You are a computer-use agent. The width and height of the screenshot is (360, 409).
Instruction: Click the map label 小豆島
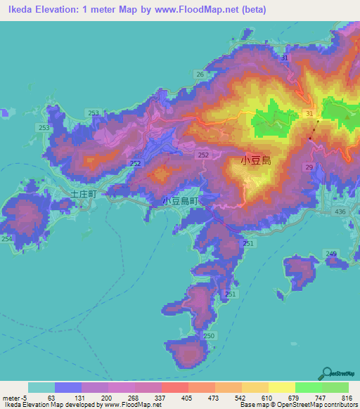point(256,161)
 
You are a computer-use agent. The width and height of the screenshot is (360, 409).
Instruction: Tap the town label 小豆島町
point(181,201)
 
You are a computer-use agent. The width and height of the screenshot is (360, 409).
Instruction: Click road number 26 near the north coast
point(200,74)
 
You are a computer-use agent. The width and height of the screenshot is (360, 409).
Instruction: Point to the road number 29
point(309,166)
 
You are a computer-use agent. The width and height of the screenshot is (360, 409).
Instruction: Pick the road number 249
point(331,254)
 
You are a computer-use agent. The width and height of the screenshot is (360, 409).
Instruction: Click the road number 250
point(209,336)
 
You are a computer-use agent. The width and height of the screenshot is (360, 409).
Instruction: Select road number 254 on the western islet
point(7,240)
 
